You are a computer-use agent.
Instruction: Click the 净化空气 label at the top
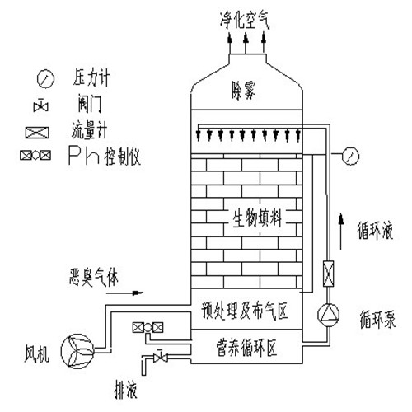[x=245, y=20]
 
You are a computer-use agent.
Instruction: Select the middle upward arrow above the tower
[x=246, y=43]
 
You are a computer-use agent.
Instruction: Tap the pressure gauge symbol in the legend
[x=45, y=78]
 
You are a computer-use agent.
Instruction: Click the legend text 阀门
[x=90, y=104]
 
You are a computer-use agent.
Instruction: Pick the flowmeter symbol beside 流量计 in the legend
[x=37, y=133]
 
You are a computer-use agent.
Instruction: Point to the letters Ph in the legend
[x=84, y=156]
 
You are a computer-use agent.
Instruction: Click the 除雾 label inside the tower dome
[x=244, y=91]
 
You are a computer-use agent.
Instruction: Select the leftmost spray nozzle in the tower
[x=199, y=135]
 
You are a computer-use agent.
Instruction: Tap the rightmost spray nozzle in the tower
[x=298, y=135]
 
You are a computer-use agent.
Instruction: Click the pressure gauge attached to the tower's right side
[x=350, y=156]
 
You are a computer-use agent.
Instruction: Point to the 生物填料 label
[x=257, y=218]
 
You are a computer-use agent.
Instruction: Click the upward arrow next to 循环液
[x=341, y=232]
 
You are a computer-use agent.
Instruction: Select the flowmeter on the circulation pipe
[x=328, y=274]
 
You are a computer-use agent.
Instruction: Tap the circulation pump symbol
[x=328, y=315]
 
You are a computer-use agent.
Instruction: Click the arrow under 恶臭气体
[x=124, y=293]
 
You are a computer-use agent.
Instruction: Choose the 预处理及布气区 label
[x=244, y=311]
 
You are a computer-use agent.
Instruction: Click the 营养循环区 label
[x=246, y=347]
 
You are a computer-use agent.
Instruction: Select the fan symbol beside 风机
[x=77, y=350]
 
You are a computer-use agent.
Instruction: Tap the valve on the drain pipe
[x=160, y=356]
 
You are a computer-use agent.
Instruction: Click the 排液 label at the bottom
[x=125, y=390]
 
